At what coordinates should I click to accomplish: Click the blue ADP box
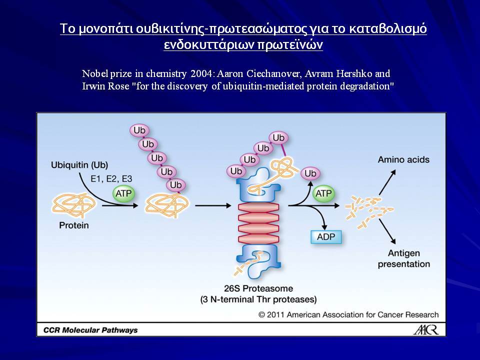pos(326,236)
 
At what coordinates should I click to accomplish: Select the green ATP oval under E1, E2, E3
pos(123,193)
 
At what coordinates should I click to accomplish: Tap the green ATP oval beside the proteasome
pos(323,193)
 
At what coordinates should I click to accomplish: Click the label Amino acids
pos(403,159)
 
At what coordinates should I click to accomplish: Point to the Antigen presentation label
pos(404,258)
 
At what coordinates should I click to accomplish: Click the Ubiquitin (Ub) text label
pos(79,165)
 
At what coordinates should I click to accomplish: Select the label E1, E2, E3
pos(111,179)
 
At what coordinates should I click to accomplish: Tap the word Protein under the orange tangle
pos(74,225)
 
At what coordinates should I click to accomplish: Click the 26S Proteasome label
pos(258,288)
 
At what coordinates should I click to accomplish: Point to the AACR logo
pos(426,329)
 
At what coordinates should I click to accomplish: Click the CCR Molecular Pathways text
pos(90,330)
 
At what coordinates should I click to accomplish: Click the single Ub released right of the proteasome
pos(310,173)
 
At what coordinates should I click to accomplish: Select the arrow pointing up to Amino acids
pos(387,182)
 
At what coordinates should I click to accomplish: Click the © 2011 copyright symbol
pos(261,314)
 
